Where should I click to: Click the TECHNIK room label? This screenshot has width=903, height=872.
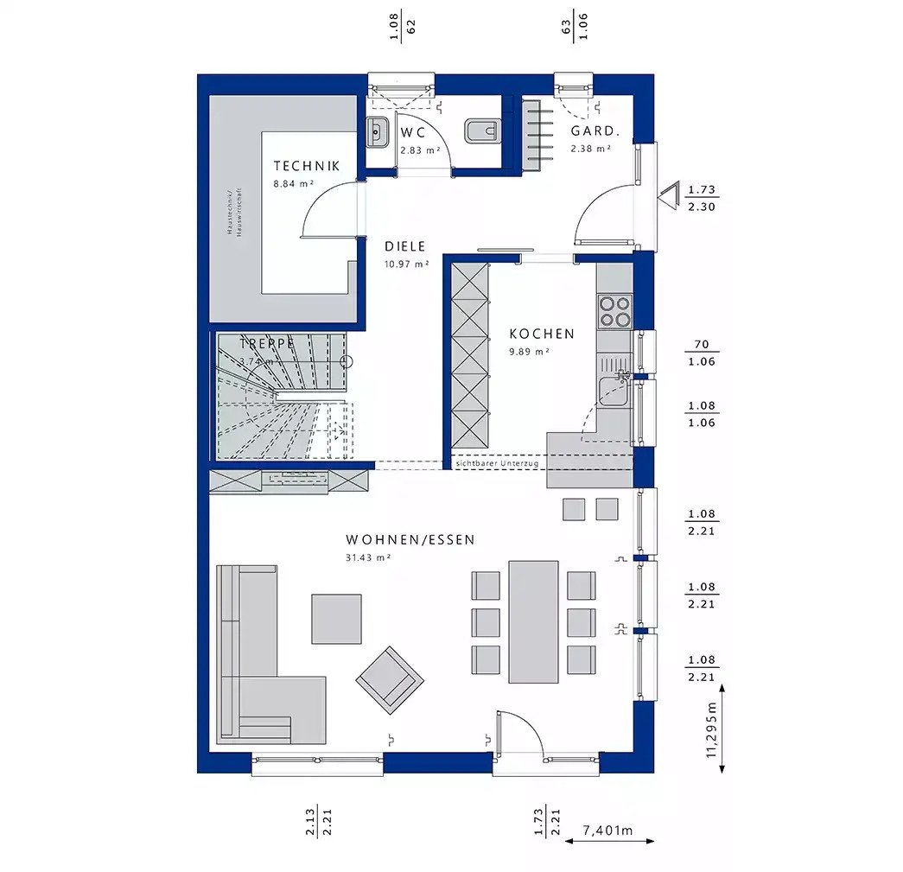pos(306,166)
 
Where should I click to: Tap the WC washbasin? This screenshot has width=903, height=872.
pos(377,132)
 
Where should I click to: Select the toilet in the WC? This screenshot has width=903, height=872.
pos(481,131)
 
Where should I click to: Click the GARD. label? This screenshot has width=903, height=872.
pos(595,131)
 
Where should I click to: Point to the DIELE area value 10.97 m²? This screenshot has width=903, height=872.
pos(406,264)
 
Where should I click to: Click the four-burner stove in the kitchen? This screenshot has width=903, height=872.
pos(614,310)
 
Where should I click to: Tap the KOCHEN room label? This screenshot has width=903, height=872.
pos(541,334)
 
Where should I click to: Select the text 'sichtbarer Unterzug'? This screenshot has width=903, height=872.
pos(497,464)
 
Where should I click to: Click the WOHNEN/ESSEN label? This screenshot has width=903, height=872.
pos(410,539)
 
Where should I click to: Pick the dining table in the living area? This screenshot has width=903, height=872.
pos(533,621)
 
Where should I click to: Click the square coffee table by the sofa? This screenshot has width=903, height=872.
pos(336,618)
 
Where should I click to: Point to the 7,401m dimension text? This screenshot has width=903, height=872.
pos(607,831)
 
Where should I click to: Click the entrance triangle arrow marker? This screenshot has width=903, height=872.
pos(669,197)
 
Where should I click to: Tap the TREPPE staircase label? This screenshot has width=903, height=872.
pos(267,343)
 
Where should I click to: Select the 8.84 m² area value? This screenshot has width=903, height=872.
pos(293,184)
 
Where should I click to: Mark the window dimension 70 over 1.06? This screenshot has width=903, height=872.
pos(701,353)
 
